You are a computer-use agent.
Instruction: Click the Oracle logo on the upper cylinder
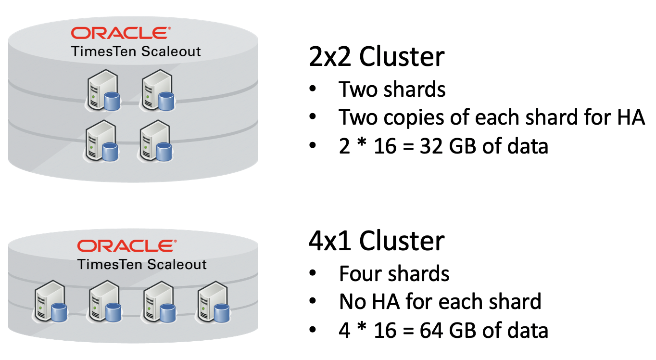120,33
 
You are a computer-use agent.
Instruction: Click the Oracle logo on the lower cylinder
126,246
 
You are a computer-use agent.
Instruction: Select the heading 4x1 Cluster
376,241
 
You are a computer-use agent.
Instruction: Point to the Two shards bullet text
392,90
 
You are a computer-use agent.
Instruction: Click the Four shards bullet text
394,274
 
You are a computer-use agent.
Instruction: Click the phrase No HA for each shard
440,302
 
